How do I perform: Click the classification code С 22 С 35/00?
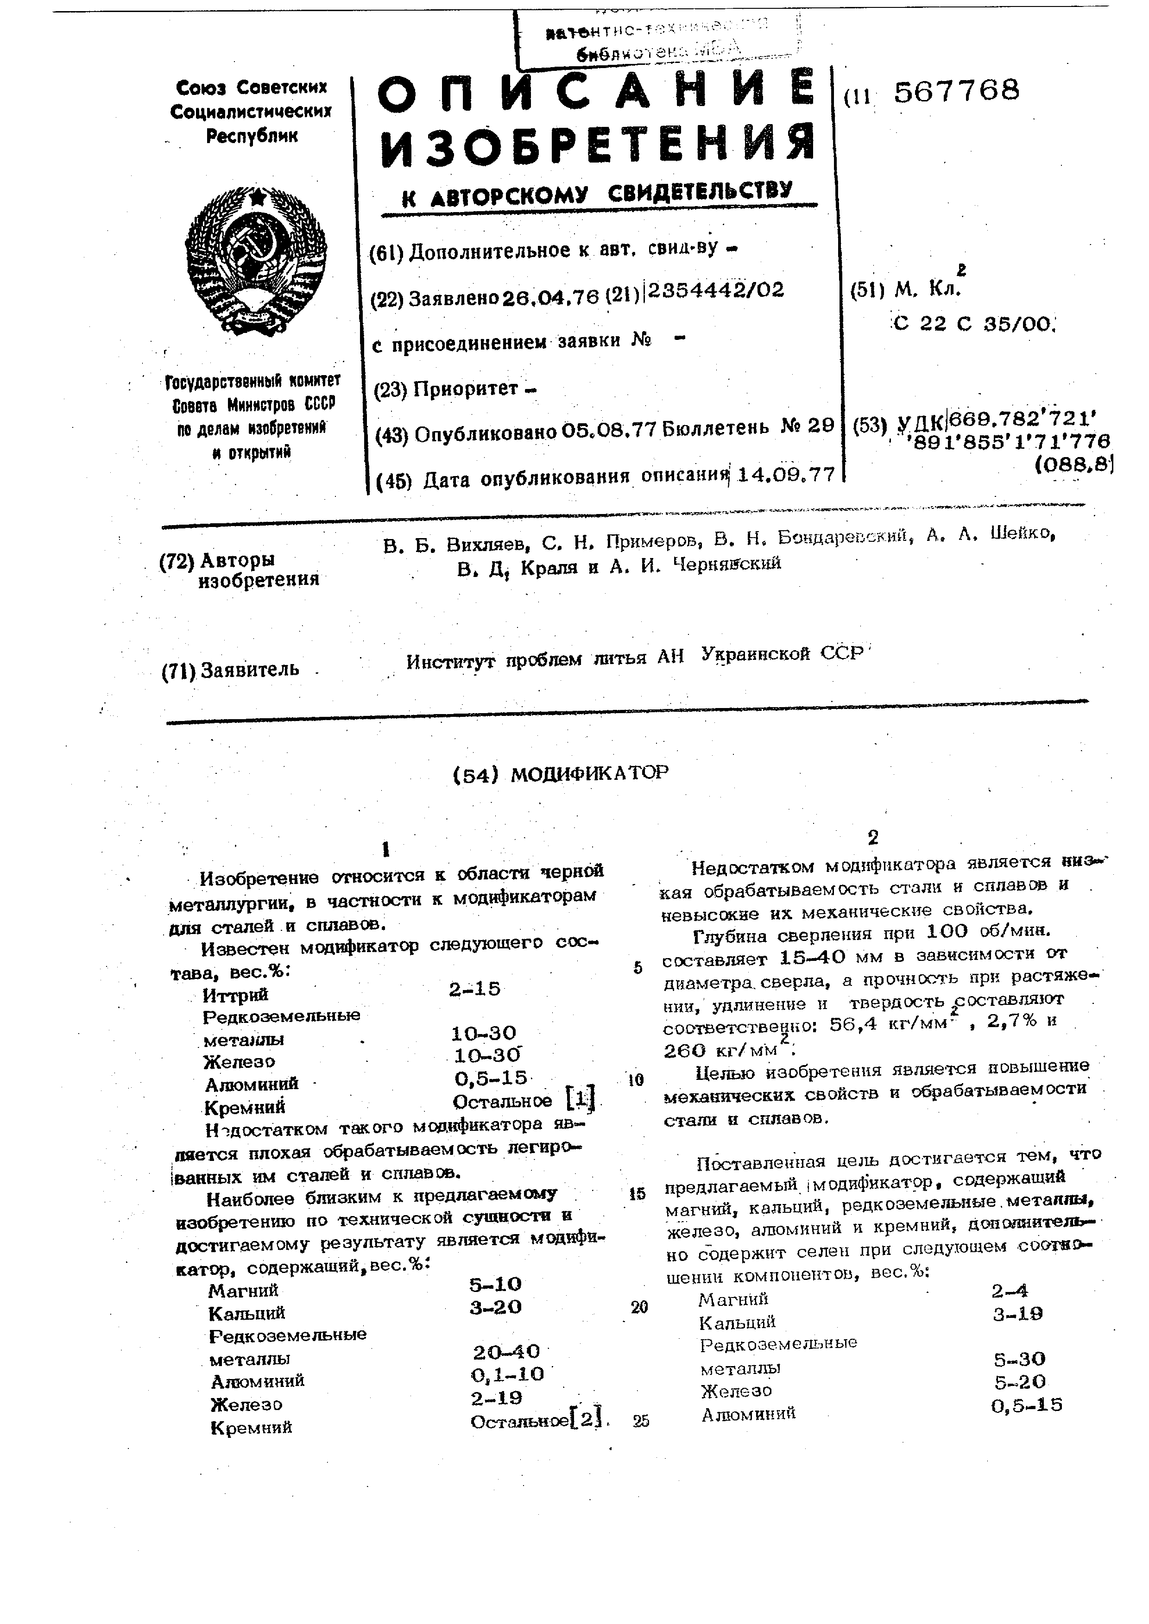[x=973, y=324]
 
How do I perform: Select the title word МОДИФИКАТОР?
[x=589, y=773]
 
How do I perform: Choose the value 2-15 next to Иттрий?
[x=474, y=989]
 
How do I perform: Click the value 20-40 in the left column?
[x=506, y=1352]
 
